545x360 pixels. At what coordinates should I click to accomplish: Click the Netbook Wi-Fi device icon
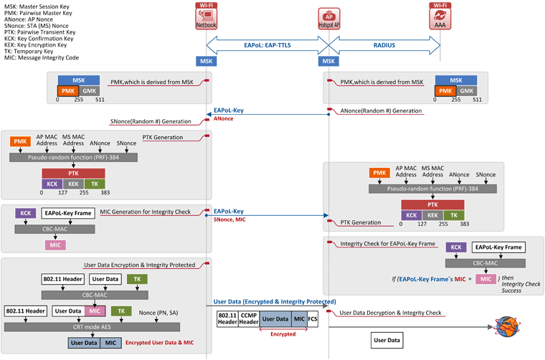click(x=206, y=16)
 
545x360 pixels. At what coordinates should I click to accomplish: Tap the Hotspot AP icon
click(x=329, y=19)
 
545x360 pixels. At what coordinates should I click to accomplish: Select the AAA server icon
click(x=440, y=16)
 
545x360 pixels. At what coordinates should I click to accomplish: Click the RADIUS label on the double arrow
click(x=384, y=45)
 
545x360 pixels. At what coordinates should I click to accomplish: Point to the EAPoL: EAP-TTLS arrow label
click(x=267, y=45)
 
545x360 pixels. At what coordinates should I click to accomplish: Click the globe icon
click(x=507, y=326)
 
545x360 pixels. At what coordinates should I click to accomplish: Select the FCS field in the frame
click(x=313, y=319)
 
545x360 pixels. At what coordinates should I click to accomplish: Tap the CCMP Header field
click(x=249, y=319)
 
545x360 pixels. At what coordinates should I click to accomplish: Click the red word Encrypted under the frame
click(x=283, y=334)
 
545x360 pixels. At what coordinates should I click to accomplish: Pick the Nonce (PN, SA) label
click(x=158, y=313)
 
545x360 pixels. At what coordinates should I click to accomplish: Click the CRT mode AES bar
click(x=92, y=327)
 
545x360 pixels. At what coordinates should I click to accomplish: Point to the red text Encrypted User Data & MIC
click(x=159, y=343)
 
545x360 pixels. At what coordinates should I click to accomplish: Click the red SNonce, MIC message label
click(x=229, y=219)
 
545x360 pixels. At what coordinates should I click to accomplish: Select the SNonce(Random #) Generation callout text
click(x=151, y=122)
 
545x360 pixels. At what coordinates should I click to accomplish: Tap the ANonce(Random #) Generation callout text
click(x=381, y=111)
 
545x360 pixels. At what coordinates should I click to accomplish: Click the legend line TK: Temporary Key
click(x=29, y=52)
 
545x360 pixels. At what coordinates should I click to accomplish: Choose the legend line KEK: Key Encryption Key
click(x=35, y=45)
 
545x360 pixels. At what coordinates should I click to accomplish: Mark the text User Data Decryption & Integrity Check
click(x=390, y=313)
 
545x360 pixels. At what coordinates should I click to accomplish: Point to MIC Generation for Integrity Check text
click(x=146, y=212)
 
